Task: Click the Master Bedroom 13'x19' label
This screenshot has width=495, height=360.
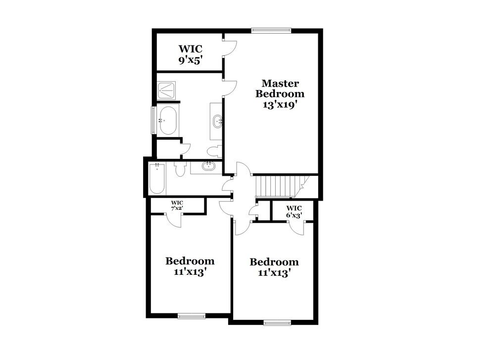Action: tap(283, 94)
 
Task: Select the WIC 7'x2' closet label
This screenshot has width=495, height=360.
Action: tap(177, 206)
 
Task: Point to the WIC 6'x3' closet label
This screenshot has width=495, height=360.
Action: tap(294, 211)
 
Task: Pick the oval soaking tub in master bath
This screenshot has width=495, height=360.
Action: tap(167, 120)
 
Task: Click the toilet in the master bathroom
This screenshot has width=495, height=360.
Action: tap(214, 151)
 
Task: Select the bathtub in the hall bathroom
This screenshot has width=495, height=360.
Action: tap(158, 179)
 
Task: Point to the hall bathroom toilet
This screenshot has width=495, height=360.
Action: tap(179, 169)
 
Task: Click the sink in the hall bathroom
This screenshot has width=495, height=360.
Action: tap(208, 166)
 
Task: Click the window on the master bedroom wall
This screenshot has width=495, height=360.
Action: tap(271, 30)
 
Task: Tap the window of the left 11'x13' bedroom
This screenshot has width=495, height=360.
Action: tap(192, 315)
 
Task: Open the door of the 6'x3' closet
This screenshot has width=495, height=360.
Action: tap(297, 227)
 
